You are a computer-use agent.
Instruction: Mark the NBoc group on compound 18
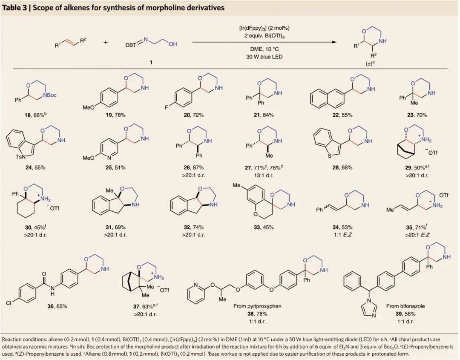pos(49,95)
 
